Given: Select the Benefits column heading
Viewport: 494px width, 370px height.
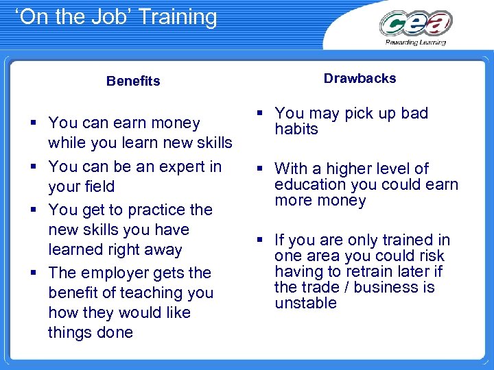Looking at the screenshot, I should coord(133,81).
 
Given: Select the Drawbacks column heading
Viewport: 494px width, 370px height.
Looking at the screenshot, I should coord(360,78).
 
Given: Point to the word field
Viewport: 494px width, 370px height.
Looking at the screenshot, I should coord(97,186).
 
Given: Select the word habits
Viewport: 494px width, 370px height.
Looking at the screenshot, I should coord(296,129).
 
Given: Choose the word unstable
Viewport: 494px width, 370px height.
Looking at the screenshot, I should coord(305,303).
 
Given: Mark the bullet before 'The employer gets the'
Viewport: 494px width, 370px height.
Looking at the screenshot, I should coord(34,273).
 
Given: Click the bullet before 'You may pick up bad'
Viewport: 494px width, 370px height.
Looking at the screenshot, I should coord(261,113).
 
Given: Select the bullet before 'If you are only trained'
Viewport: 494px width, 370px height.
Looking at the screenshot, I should coord(261,240).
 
